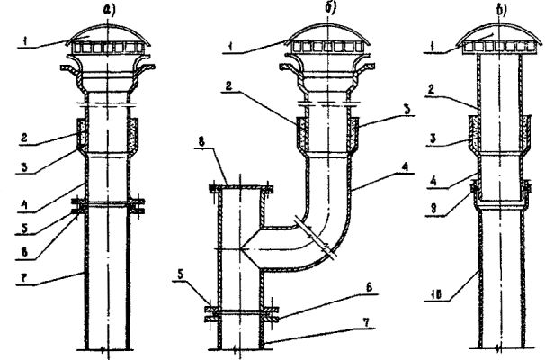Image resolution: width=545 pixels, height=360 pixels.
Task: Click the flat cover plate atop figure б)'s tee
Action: click(x=238, y=186)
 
